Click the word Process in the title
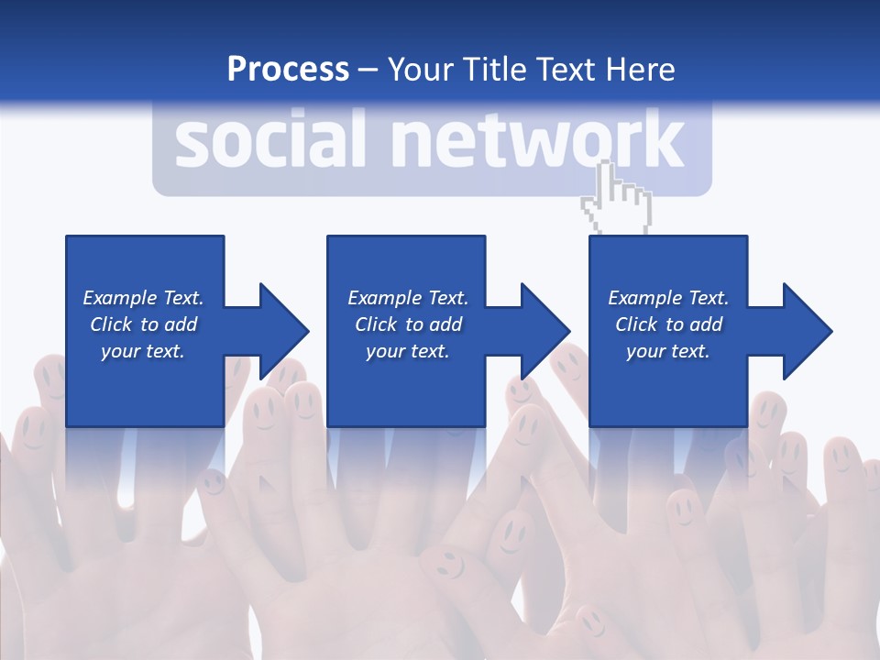(288, 70)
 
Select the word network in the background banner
(537, 141)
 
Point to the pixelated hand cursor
(617, 197)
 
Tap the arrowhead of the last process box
(806, 331)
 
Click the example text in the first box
(143, 324)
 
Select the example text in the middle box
(408, 324)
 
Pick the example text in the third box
(668, 324)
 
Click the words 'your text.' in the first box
(143, 351)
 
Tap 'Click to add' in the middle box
(408, 324)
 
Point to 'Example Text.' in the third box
(668, 298)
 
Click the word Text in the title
(565, 70)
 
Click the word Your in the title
(421, 70)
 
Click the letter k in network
(663, 141)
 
